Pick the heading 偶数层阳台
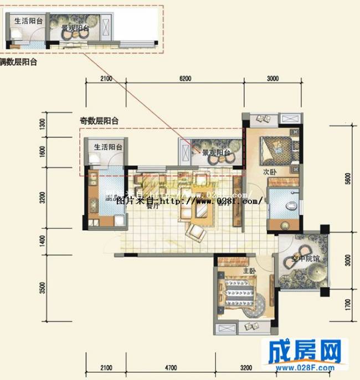[19, 62]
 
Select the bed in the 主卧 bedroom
[242, 289]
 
